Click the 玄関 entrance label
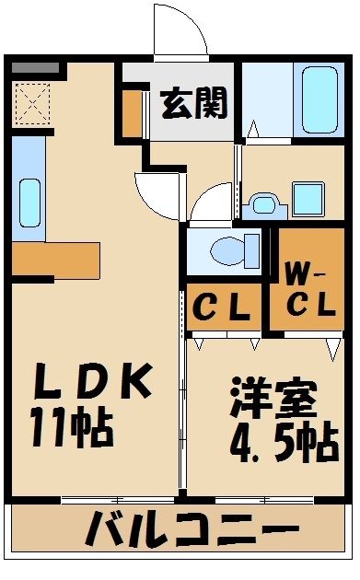click(x=194, y=104)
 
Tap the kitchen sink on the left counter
click(x=29, y=202)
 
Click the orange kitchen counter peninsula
click(x=56, y=259)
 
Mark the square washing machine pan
click(x=307, y=197)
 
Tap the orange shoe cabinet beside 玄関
click(x=133, y=110)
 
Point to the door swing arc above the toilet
click(x=214, y=202)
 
